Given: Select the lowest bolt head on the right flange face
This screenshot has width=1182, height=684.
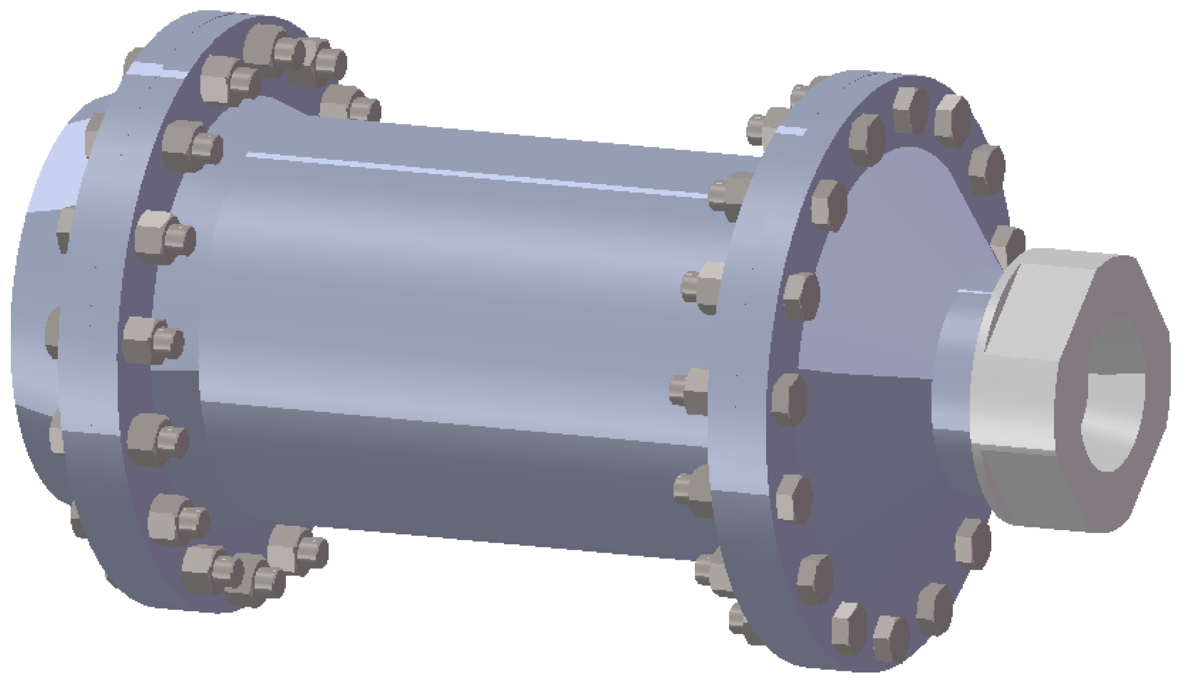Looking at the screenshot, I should [890, 638].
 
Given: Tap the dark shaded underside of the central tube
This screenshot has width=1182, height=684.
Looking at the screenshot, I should [438, 482].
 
